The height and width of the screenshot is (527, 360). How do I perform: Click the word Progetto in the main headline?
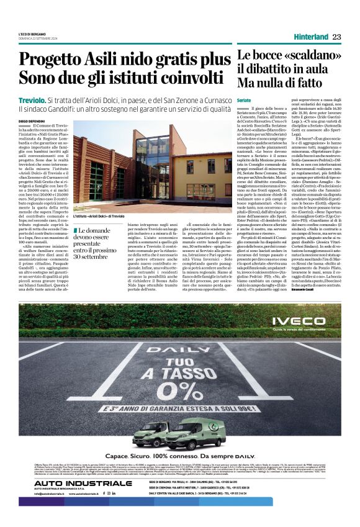pos(56,60)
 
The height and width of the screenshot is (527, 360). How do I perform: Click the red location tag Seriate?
pos(244,99)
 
